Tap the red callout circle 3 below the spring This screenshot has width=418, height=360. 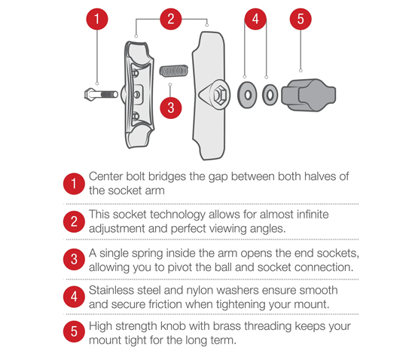tap(171, 107)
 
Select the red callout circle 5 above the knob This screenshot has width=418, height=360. tap(300, 20)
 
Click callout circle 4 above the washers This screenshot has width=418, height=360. tap(256, 20)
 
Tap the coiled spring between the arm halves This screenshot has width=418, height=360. tap(174, 72)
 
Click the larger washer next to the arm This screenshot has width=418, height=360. tap(246, 95)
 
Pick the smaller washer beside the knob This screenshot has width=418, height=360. tap(270, 96)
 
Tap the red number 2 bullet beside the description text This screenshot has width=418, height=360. tap(74, 221)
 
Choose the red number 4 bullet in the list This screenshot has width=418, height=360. tap(74, 296)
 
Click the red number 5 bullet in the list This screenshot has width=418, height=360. tap(74, 333)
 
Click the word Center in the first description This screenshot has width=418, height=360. tap(107, 176)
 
